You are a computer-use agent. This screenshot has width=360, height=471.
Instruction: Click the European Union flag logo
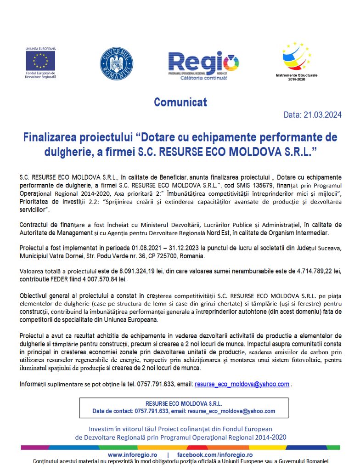pyautogui.click(x=40, y=60)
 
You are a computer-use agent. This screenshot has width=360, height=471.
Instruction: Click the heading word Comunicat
pyautogui.click(x=180, y=102)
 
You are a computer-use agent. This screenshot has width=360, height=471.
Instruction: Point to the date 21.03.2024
pyautogui.click(x=322, y=115)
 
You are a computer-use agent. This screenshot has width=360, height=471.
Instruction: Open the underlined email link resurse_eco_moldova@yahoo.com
pyautogui.click(x=242, y=384)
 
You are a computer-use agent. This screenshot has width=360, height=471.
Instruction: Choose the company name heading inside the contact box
pyautogui.click(x=184, y=403)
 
